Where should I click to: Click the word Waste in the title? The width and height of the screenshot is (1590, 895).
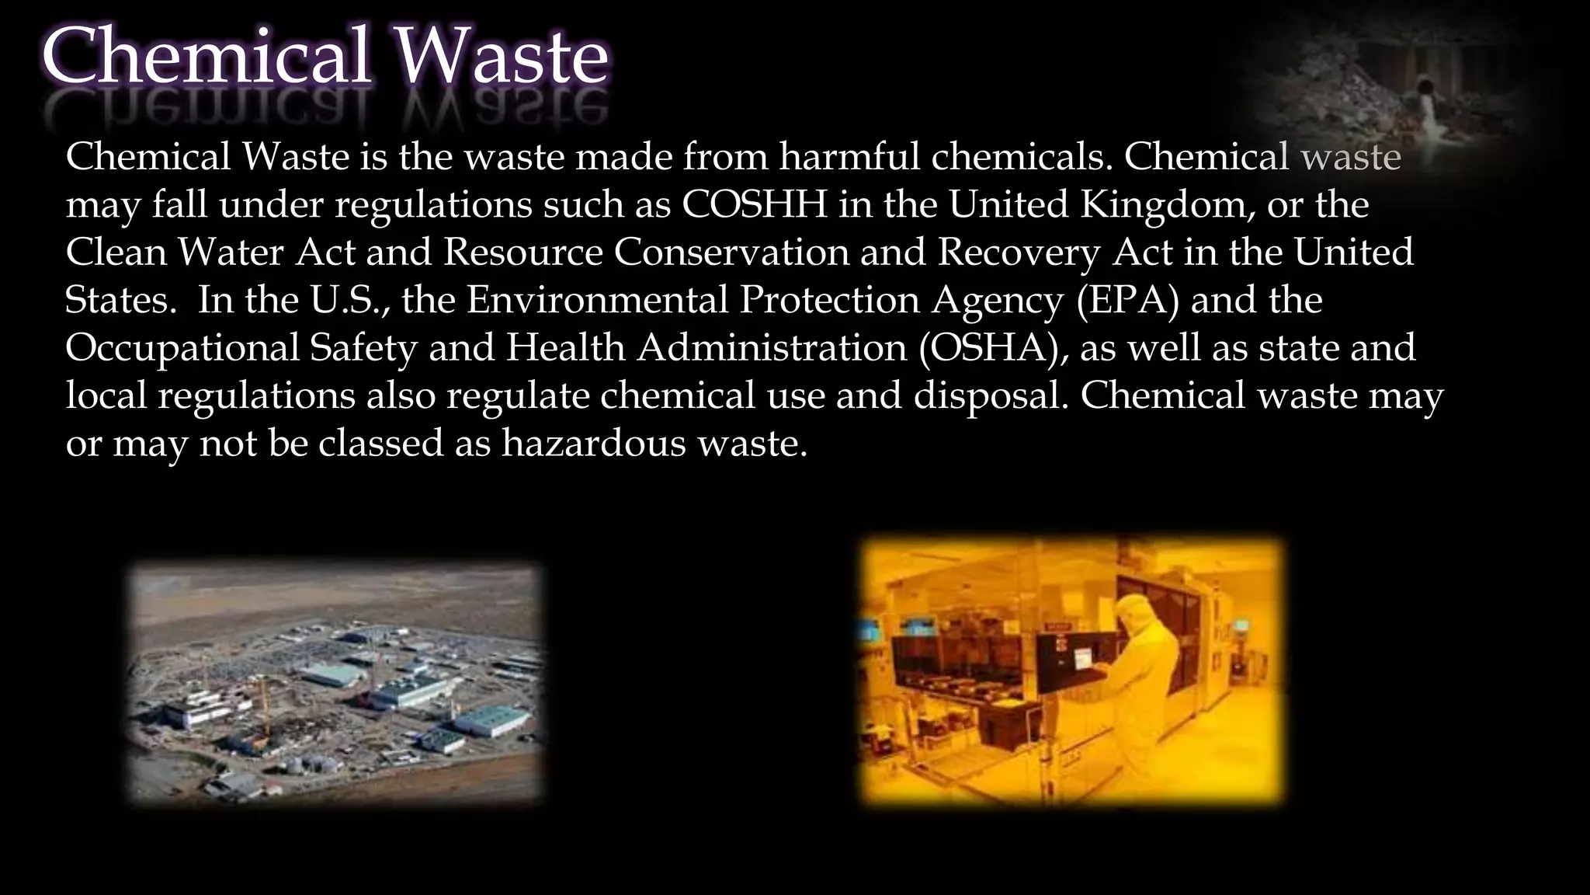point(501,58)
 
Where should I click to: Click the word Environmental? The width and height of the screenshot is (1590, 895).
point(597,301)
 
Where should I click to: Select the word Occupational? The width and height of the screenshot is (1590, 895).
point(182,349)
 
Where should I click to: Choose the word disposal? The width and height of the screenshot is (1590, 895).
point(991,396)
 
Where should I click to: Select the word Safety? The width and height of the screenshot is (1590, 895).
point(363,349)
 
